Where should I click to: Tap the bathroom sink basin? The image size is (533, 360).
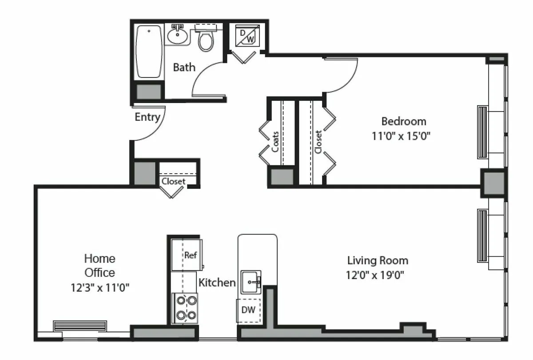tap(178, 37)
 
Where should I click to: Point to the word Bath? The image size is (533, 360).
tap(184, 68)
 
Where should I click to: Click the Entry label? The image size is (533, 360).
tap(147, 117)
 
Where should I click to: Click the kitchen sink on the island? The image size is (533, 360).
tap(251, 281)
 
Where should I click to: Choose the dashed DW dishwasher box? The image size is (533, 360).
tap(248, 310)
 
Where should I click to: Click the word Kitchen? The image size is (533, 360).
tap(217, 282)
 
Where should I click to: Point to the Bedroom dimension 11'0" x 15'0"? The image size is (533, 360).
tap(402, 136)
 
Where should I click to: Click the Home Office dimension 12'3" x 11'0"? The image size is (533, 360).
tap(100, 287)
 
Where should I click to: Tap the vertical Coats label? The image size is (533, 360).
tap(276, 141)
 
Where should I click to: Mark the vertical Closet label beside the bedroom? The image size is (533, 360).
tap(318, 141)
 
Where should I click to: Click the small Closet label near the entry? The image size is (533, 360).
tap(174, 181)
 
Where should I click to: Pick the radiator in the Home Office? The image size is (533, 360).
tap(80, 326)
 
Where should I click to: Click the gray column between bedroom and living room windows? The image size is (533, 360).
tap(493, 183)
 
